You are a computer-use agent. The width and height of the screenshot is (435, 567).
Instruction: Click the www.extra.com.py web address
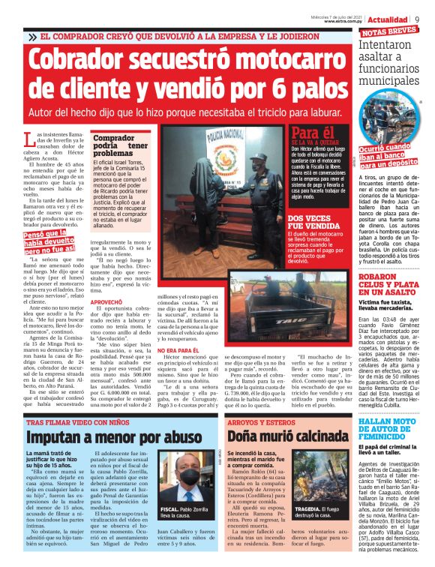(346, 21)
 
